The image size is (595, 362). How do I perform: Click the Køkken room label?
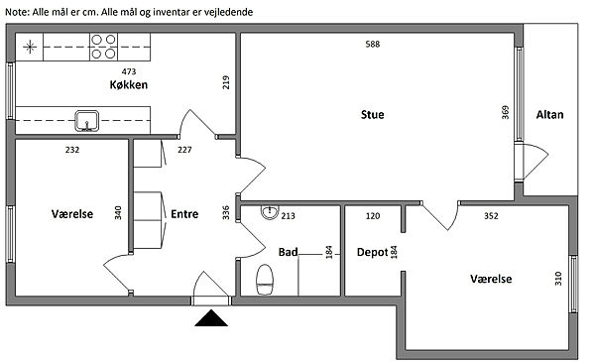(129, 84)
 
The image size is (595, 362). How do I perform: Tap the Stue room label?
(372, 115)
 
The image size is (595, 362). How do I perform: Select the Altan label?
(549, 115)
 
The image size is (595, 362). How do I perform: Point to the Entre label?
(184, 214)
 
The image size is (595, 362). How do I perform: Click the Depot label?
(372, 252)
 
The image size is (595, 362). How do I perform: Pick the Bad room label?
(288, 252)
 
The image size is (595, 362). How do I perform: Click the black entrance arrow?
(211, 318)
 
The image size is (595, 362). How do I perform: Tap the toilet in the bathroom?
(265, 280)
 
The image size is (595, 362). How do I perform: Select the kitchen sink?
(87, 121)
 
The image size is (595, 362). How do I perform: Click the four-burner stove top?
(103, 47)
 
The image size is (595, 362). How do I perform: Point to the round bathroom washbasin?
(270, 212)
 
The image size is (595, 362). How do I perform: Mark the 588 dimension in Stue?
(372, 44)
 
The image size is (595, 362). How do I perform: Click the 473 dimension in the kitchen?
(129, 71)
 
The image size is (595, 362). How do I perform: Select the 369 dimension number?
(505, 112)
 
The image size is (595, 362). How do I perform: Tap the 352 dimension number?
(491, 216)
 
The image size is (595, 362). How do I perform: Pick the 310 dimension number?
(557, 279)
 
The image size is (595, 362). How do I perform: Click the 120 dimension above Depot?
(373, 216)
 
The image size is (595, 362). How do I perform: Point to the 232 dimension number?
(72, 150)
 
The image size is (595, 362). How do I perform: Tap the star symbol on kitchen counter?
(30, 47)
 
